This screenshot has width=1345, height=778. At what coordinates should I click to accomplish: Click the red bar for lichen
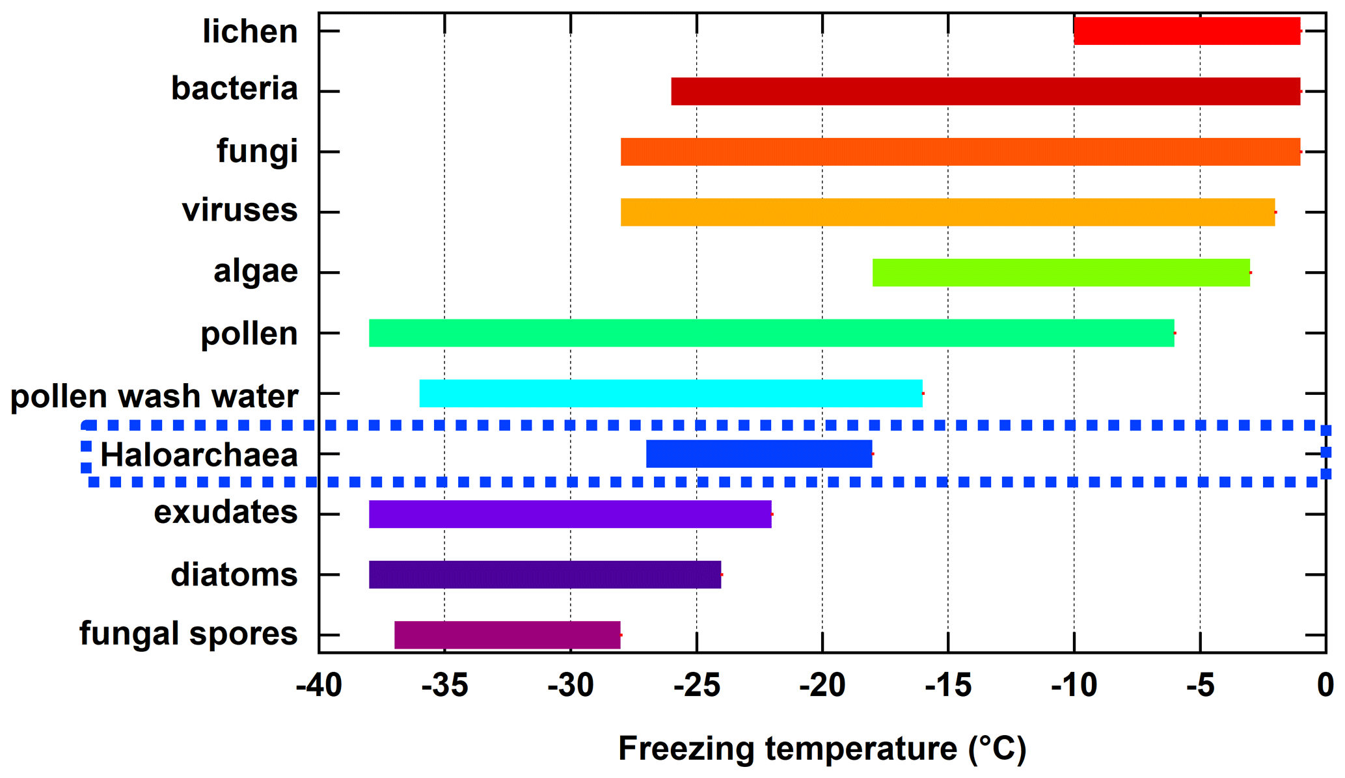click(1186, 31)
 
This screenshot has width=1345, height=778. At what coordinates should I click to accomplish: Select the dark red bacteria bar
click(985, 91)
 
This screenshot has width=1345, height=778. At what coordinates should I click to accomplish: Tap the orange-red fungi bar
click(960, 152)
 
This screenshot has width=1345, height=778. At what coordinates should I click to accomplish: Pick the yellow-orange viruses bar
click(947, 212)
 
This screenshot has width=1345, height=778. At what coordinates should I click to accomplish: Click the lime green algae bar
click(1061, 273)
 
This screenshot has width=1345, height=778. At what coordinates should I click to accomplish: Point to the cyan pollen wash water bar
click(670, 394)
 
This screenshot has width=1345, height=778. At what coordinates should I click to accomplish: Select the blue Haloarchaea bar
click(759, 454)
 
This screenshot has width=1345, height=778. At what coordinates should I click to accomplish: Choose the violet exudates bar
click(570, 514)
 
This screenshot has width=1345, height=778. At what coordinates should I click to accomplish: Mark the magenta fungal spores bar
click(507, 635)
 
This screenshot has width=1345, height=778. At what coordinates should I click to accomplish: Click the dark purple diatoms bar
click(545, 574)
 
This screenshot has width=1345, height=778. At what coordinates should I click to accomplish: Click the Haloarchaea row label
click(198, 455)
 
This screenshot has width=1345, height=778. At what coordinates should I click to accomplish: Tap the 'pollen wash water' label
click(154, 396)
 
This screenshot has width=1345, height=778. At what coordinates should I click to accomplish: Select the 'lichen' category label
click(250, 31)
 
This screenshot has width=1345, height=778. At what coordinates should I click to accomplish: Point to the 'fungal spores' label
click(188, 633)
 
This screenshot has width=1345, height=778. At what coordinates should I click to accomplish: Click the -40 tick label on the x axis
click(318, 686)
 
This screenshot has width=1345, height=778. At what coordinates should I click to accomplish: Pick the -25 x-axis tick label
click(696, 686)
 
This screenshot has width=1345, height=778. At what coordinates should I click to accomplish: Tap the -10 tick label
click(1074, 686)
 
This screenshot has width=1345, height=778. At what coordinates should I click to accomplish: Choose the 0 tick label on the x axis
click(1325, 686)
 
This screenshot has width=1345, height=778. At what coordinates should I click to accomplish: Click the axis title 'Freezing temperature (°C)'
click(822, 749)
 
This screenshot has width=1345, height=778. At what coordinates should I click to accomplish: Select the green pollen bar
click(771, 333)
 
